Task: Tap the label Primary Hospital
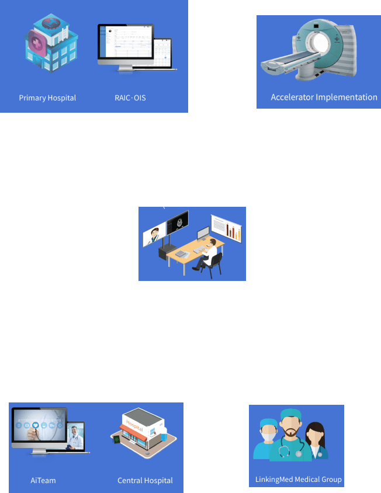click(47, 98)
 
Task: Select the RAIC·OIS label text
click(130, 98)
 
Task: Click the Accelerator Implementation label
click(324, 97)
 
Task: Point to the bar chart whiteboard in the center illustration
click(227, 229)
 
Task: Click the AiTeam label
click(43, 480)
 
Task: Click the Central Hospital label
click(145, 480)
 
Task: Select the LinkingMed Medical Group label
click(298, 480)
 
